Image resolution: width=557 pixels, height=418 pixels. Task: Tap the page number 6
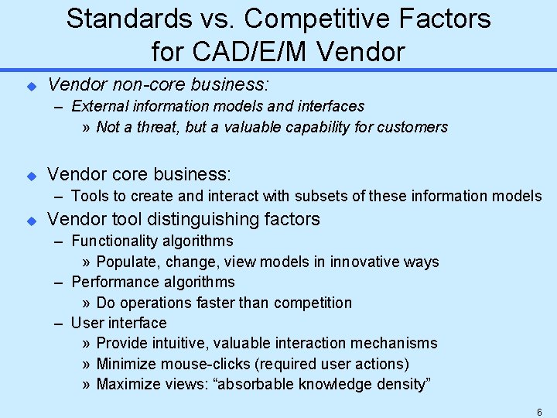(539, 411)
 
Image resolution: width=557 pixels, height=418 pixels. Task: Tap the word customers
(414, 127)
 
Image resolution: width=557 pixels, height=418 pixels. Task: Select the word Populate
(125, 262)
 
